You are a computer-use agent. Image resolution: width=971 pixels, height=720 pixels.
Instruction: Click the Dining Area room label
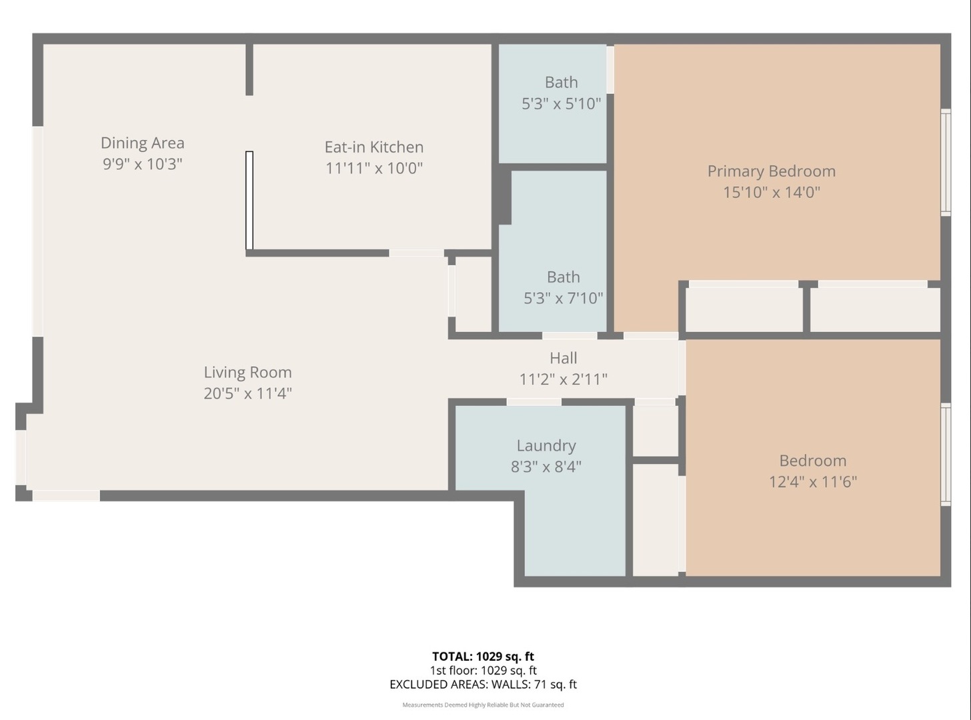pos(142,143)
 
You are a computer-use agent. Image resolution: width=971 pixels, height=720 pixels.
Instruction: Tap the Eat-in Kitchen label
pos(373,147)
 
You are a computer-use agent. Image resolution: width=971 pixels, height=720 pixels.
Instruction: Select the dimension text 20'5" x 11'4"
pos(247,393)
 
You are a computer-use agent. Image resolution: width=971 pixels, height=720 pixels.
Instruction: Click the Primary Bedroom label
pos(771,171)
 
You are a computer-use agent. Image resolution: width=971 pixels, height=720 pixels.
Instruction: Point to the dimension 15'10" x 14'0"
pos(771,193)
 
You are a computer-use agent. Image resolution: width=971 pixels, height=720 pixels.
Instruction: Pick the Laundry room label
pos(546,445)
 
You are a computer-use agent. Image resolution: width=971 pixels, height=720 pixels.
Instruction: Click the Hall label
pos(563,358)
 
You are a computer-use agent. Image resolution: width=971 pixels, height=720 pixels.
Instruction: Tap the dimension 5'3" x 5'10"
pos(561,103)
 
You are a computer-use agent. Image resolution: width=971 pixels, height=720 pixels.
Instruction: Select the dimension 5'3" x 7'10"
pos(563,298)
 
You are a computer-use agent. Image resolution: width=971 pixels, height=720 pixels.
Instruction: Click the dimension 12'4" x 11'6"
pos(812,481)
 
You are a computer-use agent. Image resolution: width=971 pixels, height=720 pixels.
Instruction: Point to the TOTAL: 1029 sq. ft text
pos(483,657)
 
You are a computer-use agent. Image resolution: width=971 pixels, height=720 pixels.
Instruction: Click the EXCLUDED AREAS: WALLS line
pos(483,684)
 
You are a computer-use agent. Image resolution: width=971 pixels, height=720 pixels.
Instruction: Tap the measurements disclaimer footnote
pos(483,705)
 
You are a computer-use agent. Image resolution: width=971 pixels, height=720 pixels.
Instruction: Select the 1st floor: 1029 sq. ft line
pos(483,671)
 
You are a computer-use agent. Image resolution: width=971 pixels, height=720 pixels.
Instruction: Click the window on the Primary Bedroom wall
pos(945,162)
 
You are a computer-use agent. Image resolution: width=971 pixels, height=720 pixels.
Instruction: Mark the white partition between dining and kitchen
pos(249,200)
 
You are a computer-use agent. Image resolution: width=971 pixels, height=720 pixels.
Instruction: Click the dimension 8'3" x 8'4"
pos(546,467)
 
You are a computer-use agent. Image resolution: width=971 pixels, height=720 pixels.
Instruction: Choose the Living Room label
pos(247,372)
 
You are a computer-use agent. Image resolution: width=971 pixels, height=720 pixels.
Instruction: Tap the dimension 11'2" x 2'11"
pos(563,379)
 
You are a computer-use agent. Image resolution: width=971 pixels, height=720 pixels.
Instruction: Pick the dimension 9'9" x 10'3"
pos(142,164)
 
